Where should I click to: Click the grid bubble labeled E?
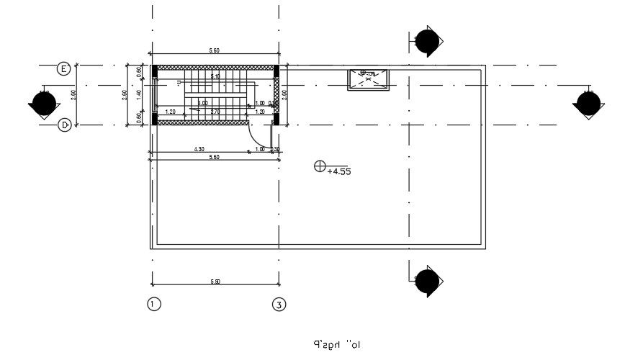63,69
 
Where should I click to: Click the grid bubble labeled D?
63,125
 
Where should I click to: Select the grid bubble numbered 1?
153,305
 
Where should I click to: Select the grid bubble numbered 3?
279,305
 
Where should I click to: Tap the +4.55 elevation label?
338,172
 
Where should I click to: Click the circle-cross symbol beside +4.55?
320,166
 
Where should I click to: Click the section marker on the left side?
43,105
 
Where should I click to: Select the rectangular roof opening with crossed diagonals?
369,79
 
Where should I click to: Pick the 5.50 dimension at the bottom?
215,282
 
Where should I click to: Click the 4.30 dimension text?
199,149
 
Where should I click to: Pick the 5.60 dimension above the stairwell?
215,51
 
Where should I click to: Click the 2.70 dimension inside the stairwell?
215,112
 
